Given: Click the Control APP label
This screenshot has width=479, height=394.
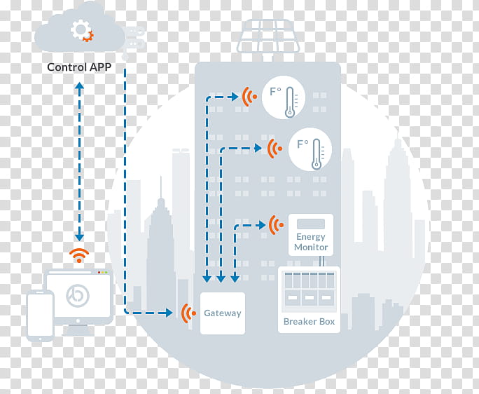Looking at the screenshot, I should click(x=77, y=67).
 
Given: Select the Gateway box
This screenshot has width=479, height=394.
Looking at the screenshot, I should click(x=223, y=313).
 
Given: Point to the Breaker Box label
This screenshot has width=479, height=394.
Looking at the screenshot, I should click(x=309, y=322).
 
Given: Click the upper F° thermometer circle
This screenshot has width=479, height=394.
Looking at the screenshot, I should click(x=284, y=97).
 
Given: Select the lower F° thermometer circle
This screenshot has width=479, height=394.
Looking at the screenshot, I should click(x=311, y=149).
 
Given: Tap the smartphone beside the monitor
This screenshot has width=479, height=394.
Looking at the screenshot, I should click(x=40, y=315).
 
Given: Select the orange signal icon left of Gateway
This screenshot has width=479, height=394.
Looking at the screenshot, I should click(x=188, y=313).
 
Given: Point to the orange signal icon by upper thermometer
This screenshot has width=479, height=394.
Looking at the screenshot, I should click(x=248, y=97).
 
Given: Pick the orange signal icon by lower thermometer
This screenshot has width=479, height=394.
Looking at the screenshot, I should click(x=275, y=148).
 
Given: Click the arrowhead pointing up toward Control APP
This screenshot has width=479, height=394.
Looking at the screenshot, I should click(x=79, y=86).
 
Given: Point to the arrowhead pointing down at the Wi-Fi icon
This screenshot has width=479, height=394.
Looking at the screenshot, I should click(x=79, y=237).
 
